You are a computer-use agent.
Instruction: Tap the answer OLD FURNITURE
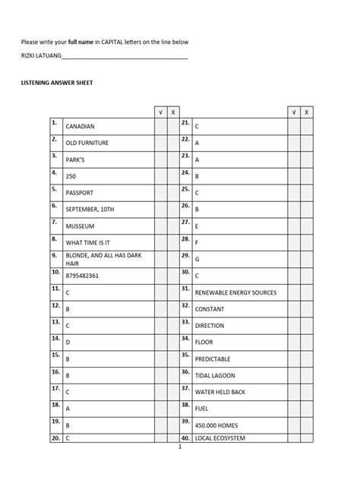89,143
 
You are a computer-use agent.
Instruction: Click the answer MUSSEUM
82,226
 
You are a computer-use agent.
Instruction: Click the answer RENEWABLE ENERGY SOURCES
235,293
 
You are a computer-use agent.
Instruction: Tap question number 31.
185,289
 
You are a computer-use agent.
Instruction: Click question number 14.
55,339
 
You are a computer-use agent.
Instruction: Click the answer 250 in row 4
71,176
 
